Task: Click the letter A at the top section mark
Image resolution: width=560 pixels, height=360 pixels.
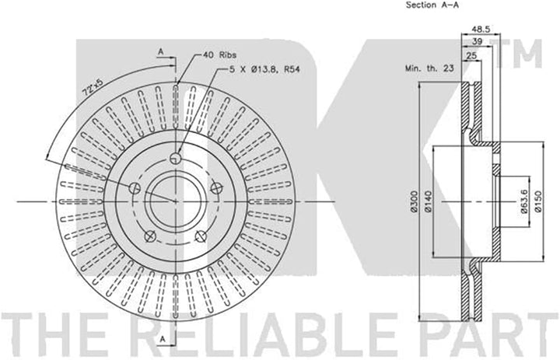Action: (x=159, y=51)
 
